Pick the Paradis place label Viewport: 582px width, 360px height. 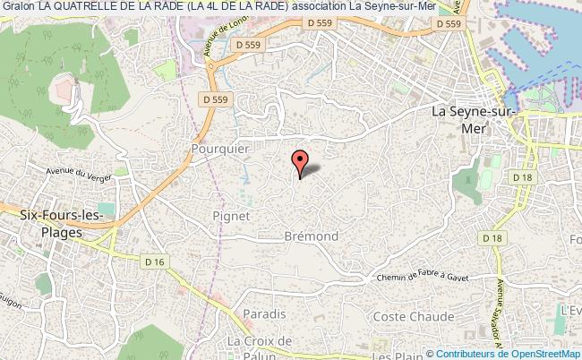[265, 313]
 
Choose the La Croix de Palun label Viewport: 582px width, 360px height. [260, 347]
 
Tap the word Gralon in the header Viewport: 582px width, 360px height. [17, 8]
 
